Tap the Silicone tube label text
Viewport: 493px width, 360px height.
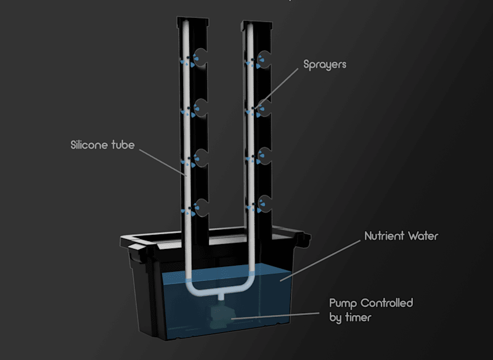pos(102,145)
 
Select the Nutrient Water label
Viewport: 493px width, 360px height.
pos(401,236)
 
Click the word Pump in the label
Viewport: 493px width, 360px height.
pos(343,303)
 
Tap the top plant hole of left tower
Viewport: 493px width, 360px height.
pos(201,58)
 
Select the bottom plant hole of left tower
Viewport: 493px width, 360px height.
pos(201,208)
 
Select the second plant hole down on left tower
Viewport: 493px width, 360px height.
pos(201,108)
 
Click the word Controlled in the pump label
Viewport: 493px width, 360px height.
pos(386,303)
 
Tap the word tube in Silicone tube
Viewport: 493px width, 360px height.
pos(122,145)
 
